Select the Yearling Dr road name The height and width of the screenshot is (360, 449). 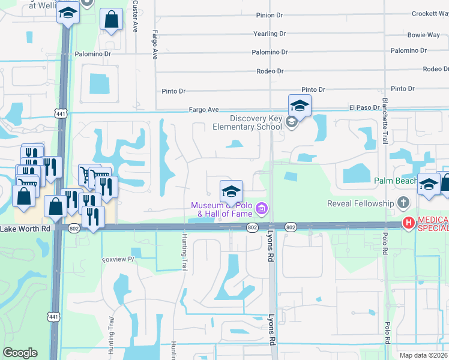(x=269, y=34)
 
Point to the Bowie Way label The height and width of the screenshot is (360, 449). (x=424, y=35)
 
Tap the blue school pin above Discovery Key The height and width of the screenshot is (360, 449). (x=300, y=105)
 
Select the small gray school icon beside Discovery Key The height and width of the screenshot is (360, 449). (x=292, y=123)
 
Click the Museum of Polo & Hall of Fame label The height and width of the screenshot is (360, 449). (x=221, y=209)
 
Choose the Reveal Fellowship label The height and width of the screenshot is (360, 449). (x=360, y=203)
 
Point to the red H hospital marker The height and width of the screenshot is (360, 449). (x=409, y=223)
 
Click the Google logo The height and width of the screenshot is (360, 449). (x=20, y=353)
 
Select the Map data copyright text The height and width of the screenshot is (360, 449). (x=423, y=355)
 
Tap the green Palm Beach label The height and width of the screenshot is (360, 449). (x=396, y=181)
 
